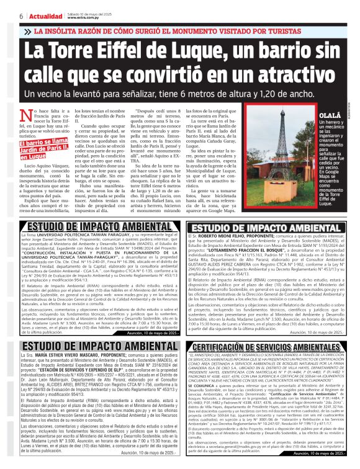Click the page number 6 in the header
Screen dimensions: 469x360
[4, 16]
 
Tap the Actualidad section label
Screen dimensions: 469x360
[25, 16]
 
